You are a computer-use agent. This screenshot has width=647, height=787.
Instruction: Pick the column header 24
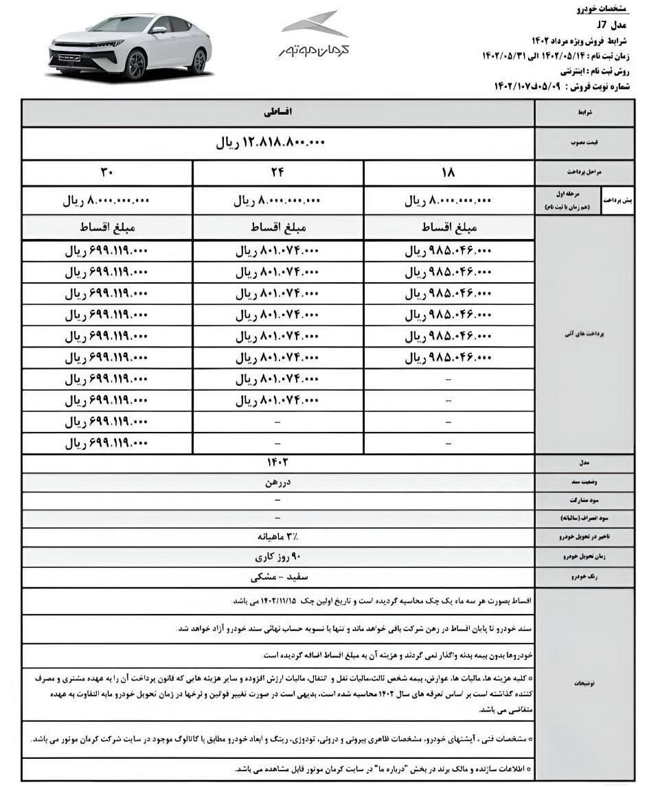point(277,173)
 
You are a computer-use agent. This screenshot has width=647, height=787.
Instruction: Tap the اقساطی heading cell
point(277,112)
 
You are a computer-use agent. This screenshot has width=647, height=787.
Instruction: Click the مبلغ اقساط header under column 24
point(277,228)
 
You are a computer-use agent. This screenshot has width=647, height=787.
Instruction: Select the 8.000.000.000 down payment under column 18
point(450,201)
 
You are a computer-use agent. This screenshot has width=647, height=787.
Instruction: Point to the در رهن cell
point(277,483)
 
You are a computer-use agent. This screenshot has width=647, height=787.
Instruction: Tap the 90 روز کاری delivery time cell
point(277,555)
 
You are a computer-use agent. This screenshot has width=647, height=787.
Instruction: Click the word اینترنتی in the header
point(549,70)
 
